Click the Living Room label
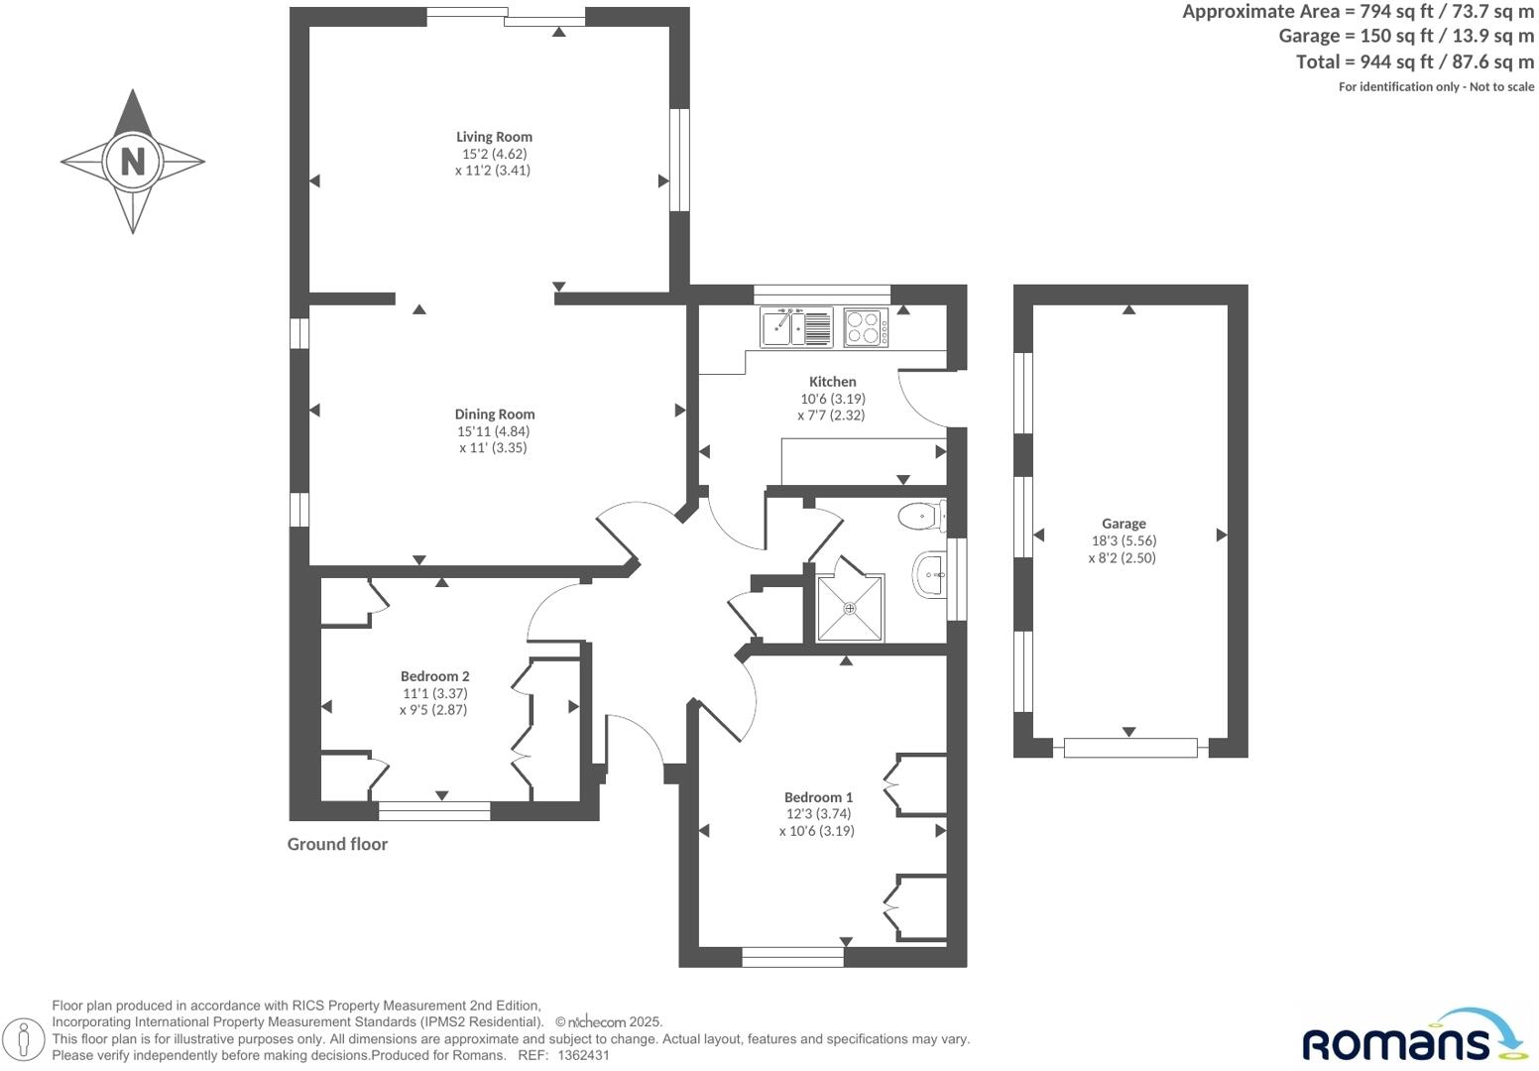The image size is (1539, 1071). pos(494,137)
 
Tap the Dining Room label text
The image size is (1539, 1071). pos(494,415)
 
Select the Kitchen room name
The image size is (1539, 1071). pos(832,382)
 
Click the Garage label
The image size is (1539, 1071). pos(1123,524)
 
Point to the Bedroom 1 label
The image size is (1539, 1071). pos(818,797)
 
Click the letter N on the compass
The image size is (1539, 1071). pos(133,161)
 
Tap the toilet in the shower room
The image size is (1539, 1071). pos(920,516)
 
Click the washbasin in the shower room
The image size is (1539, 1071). pos(929,575)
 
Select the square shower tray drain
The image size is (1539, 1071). pos(850,608)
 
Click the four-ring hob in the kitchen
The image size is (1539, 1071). pos(866,327)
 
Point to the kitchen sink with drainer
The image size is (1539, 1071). pos(796,327)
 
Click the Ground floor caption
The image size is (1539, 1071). pos(337,844)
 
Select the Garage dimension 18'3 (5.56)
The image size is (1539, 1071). pos(1123,541)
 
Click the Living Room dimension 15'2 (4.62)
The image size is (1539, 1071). pos(494,154)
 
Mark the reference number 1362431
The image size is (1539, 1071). pos(584,1056)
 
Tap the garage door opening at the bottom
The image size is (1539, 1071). pos(1129,747)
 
